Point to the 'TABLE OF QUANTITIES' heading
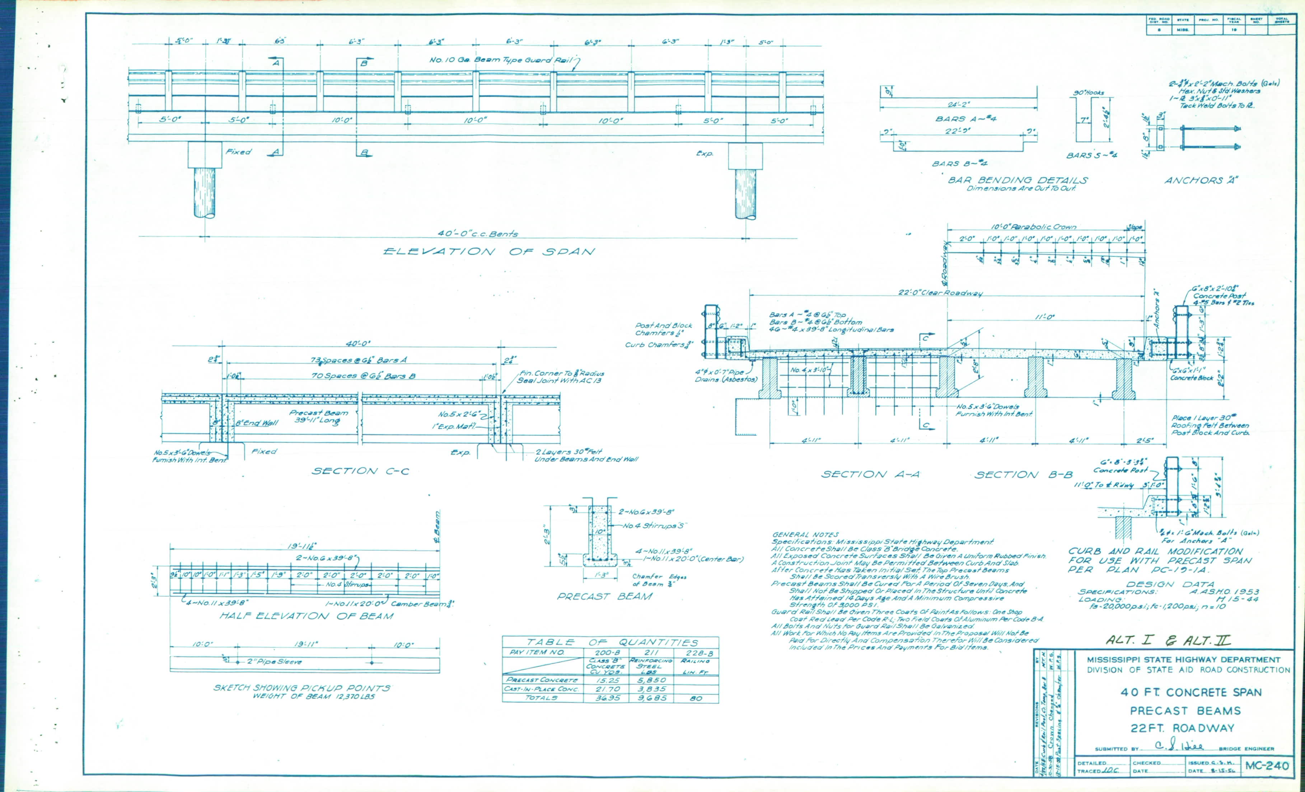coord(612,642)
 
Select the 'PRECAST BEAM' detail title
coord(604,597)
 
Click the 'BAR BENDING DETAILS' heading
coord(1018,180)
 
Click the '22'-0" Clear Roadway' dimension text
coord(940,293)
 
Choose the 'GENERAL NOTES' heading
coord(805,535)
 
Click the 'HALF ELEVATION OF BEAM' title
coord(306,616)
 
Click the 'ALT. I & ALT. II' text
coord(1168,640)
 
